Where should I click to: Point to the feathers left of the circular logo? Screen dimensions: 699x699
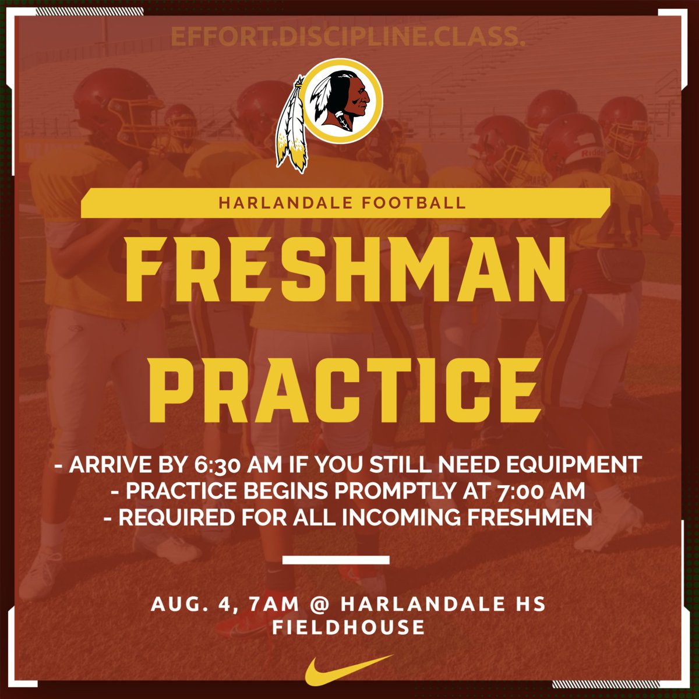tap(292, 125)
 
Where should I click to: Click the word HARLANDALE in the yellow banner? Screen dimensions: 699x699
tap(277, 203)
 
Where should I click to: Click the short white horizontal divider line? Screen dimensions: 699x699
tap(336, 560)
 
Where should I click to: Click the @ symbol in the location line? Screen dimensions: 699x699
tap(319, 604)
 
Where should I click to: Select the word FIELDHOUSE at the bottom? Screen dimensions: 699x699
tap(348, 627)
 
